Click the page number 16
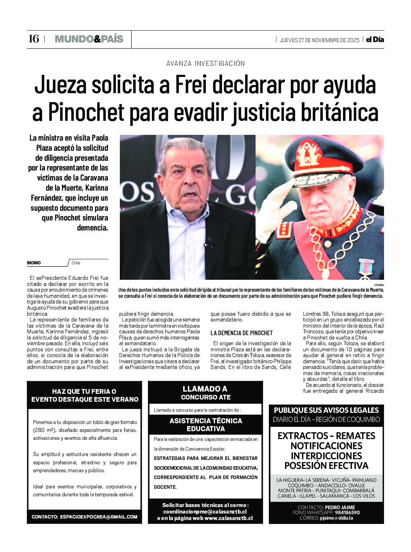click(34, 39)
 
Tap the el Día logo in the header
click(375, 40)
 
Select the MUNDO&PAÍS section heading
click(89, 39)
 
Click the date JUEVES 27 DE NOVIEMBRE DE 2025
click(319, 40)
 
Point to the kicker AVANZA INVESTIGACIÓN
click(205, 64)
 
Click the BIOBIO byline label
click(34, 263)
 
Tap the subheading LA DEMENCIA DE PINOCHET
click(241, 333)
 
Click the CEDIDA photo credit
click(379, 285)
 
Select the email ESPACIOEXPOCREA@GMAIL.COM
click(99, 517)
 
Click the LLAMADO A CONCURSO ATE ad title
click(205, 393)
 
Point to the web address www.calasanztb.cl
click(229, 518)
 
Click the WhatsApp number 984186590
click(347, 512)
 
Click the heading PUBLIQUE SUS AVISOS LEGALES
click(326, 410)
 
